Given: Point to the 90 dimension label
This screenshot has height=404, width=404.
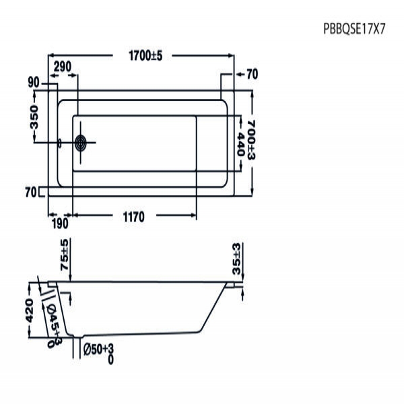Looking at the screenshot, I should (x=34, y=82).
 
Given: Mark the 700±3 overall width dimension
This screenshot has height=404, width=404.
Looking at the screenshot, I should (x=251, y=137).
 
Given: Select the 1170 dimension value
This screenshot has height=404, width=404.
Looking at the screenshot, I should (x=135, y=216).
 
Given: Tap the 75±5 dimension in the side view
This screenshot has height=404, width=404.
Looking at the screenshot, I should (x=65, y=254).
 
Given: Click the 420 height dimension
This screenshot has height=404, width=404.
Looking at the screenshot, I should (x=29, y=310).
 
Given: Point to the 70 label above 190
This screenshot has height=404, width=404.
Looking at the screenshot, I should (x=30, y=193).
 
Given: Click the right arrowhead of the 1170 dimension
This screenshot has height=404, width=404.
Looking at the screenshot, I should (x=195, y=216).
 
